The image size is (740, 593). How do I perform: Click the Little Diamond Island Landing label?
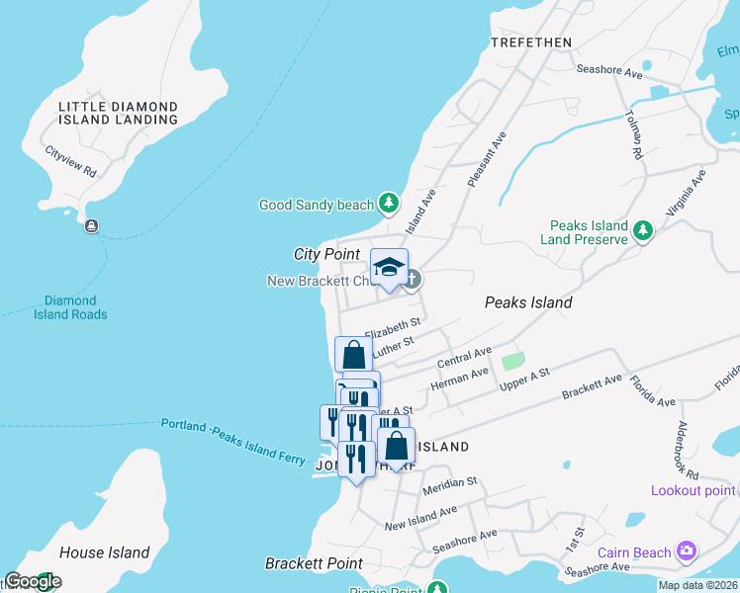tap(118, 113)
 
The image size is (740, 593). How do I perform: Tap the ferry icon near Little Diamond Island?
tap(92, 226)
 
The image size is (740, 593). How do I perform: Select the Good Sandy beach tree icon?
tap(389, 205)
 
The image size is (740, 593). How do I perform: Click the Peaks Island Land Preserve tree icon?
tap(643, 231)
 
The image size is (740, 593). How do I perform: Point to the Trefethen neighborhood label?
tap(531, 42)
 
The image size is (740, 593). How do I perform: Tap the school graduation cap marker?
tap(390, 267)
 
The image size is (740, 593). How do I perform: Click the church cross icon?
tap(412, 280)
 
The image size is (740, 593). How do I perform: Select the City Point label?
tap(326, 254)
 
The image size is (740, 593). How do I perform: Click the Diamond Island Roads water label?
tap(76, 307)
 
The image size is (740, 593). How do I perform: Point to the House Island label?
tap(104, 552)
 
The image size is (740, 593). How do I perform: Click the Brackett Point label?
tap(314, 563)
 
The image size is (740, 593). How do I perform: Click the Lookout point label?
tap(693, 491)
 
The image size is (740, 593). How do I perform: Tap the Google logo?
tap(33, 581)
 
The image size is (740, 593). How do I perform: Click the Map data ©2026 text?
tap(697, 585)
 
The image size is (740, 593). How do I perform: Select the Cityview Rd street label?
tap(70, 162)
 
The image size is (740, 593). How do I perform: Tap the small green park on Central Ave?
tap(511, 363)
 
